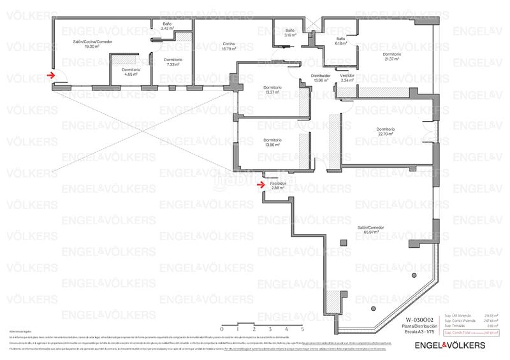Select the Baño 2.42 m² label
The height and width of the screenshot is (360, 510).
coord(168,27)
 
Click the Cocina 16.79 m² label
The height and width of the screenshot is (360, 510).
coord(228,45)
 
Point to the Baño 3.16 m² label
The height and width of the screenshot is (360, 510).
coord(290,32)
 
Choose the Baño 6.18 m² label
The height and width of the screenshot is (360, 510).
coord(341,41)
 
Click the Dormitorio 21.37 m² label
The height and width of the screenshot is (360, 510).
coord(392,57)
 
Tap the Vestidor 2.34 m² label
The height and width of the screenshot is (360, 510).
coord(347,78)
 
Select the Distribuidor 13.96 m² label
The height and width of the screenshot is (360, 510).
coord(321,78)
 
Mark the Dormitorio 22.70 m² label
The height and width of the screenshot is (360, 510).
coord(386,131)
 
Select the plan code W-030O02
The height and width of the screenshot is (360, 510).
coord(419,319)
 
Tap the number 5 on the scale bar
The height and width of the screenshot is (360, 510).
coord(302,328)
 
